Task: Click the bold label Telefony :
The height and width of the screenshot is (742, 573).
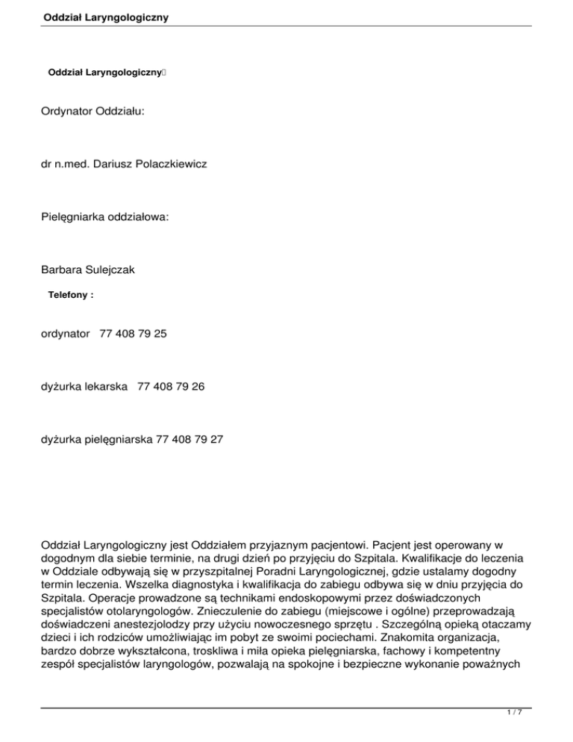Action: (71, 296)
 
